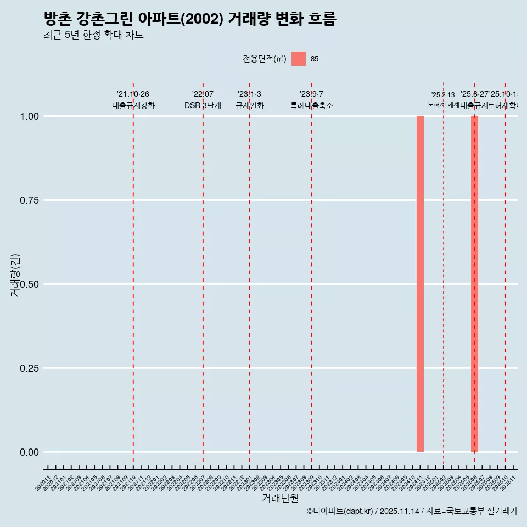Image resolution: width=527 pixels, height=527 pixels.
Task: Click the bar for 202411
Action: click(420, 284)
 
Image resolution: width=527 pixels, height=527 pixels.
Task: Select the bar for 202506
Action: click(474, 284)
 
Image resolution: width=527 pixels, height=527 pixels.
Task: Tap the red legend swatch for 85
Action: click(299, 59)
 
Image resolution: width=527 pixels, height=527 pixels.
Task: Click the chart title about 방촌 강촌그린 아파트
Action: click(189, 19)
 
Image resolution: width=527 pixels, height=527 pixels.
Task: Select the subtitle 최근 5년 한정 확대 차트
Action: click(93, 35)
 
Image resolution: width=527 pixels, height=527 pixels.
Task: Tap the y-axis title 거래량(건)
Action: click(15, 275)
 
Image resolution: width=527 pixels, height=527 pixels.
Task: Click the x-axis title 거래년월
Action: click(280, 498)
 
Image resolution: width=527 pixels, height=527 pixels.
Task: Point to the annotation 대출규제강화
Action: click(133, 105)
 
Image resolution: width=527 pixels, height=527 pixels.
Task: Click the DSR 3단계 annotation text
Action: click(203, 105)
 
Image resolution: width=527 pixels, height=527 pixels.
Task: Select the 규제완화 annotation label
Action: click(250, 105)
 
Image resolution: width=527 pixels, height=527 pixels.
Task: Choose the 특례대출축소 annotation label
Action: click(312, 105)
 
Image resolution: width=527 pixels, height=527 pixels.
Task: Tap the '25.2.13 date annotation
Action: click(443, 95)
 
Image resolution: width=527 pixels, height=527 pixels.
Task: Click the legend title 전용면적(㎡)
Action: click(265, 59)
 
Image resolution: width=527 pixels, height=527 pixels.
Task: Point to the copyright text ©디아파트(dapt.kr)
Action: click(340, 512)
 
